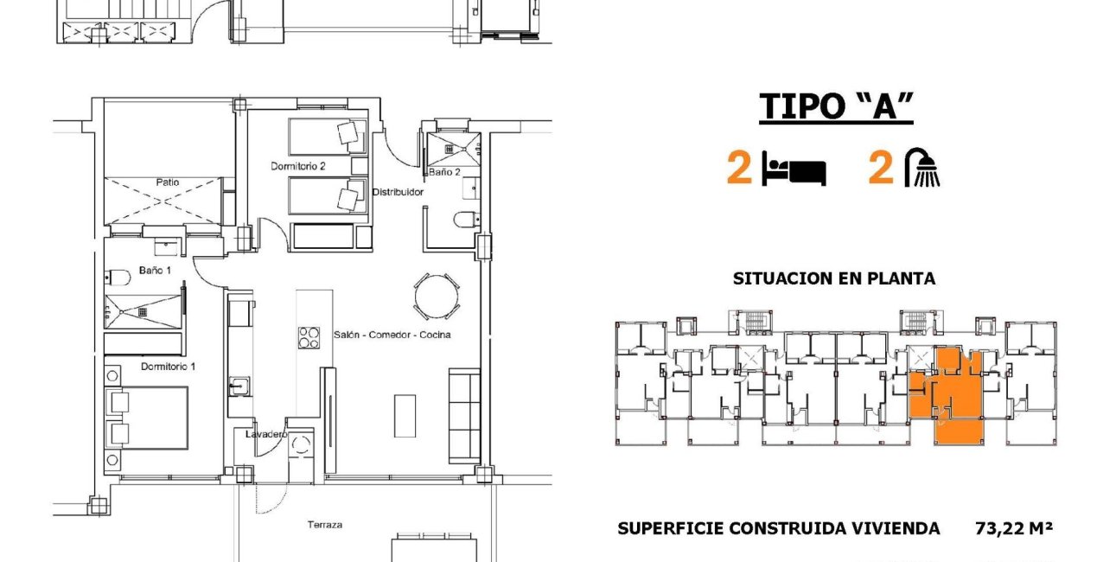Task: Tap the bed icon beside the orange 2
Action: point(794,170)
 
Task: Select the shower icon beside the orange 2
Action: point(922,168)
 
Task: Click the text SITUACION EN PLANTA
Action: point(833,279)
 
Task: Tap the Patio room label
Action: point(168,182)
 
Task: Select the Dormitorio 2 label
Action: point(297,166)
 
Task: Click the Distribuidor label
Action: point(398,192)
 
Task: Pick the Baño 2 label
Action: point(444,172)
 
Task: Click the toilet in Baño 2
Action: point(466,220)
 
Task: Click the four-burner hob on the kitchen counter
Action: point(309,338)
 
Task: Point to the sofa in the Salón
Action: point(464,415)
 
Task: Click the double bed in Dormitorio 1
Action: point(147,418)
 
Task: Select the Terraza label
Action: point(325,525)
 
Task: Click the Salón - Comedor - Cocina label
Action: point(392,335)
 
